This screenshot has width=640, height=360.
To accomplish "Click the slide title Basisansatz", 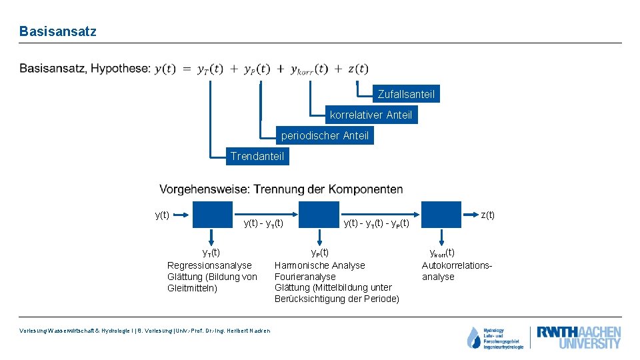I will point(58,31).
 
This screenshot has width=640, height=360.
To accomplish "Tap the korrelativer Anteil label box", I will point(371,115).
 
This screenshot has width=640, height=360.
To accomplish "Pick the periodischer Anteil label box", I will point(325,135).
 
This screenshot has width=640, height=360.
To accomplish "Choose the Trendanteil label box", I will point(257,157).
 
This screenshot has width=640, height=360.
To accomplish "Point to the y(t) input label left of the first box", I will point(162,215).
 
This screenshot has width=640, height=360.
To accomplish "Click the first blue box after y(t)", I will point(213,215).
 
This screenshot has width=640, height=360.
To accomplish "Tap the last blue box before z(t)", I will point(441,215).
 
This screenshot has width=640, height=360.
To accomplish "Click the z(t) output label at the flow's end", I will point(488,215).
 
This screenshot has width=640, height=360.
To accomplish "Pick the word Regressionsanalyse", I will point(209,265).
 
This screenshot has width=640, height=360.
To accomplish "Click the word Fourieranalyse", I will point(305,276).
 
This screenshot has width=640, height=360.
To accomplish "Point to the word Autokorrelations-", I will point(457,265).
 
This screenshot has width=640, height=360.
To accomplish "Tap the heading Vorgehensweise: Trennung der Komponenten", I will point(281,189).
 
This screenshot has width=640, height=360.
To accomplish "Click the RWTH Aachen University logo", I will point(579,337).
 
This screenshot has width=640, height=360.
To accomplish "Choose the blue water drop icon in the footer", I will point(473,337).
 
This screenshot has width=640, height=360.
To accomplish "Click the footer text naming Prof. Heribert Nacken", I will point(145,331).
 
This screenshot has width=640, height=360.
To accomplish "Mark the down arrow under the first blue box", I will point(212,238).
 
